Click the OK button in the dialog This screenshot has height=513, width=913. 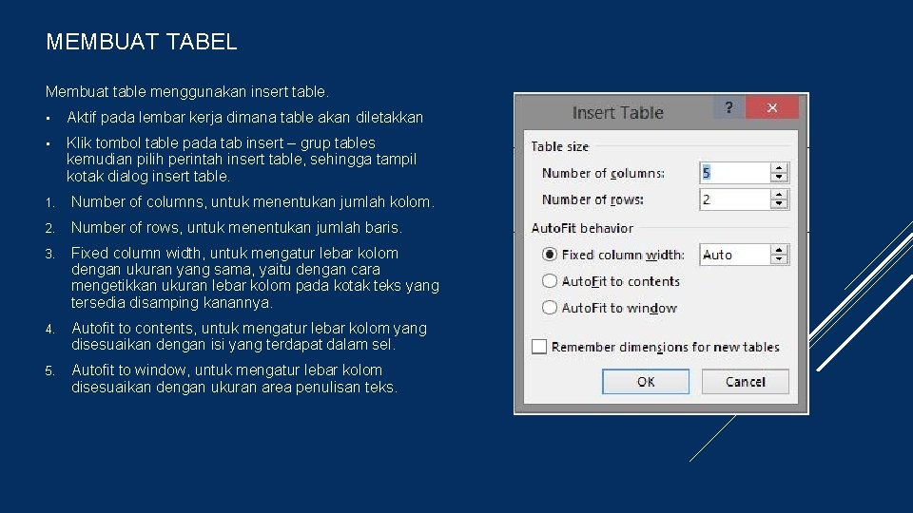pos(646,382)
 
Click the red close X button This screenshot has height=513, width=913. pos(772,107)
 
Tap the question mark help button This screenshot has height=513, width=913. pos(728,107)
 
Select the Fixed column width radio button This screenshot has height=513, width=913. pos(550,255)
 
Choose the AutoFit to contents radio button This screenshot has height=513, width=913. pos(550,281)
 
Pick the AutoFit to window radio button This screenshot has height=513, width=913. pos(550,308)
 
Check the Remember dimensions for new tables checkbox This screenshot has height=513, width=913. pos(539,347)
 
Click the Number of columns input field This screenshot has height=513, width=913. pos(733,173)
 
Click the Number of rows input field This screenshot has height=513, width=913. pos(733,199)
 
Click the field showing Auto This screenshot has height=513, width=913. pos(733,255)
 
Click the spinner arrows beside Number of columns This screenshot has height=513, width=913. pos(780,173)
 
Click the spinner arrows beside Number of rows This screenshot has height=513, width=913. pos(780,199)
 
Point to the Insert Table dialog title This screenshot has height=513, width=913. pos(617,112)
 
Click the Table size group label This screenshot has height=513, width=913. pos(559,146)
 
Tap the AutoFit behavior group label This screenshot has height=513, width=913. pos(582,228)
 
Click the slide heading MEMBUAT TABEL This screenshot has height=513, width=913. pos(142,42)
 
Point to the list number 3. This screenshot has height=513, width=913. pos(49,254)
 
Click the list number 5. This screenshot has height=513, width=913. pos(49,370)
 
